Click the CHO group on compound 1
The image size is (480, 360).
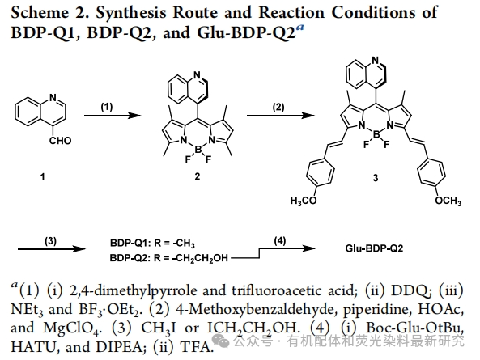pyautogui.click(x=61, y=141)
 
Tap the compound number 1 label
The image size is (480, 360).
pyautogui.click(x=43, y=177)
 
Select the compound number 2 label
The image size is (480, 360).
pyautogui.click(x=198, y=176)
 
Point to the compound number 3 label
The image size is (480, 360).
pyautogui.click(x=376, y=178)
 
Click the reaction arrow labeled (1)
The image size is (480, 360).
pyautogui.click(x=113, y=116)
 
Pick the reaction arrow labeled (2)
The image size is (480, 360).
pyautogui.click(x=280, y=116)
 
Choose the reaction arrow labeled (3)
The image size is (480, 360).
pyautogui.click(x=52, y=249)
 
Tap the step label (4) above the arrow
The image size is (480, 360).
pyautogui.click(x=279, y=241)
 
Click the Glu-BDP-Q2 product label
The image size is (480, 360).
pyautogui.click(x=374, y=248)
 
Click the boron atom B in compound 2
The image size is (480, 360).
pyautogui.click(x=198, y=150)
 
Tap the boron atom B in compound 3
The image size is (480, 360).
pyautogui.click(x=376, y=134)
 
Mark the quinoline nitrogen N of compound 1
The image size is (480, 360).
pyautogui.click(x=53, y=98)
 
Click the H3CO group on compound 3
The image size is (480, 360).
pyautogui.click(x=304, y=201)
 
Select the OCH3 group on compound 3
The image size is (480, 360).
pyautogui.click(x=448, y=201)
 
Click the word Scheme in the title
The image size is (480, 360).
pyautogui.click(x=40, y=13)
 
